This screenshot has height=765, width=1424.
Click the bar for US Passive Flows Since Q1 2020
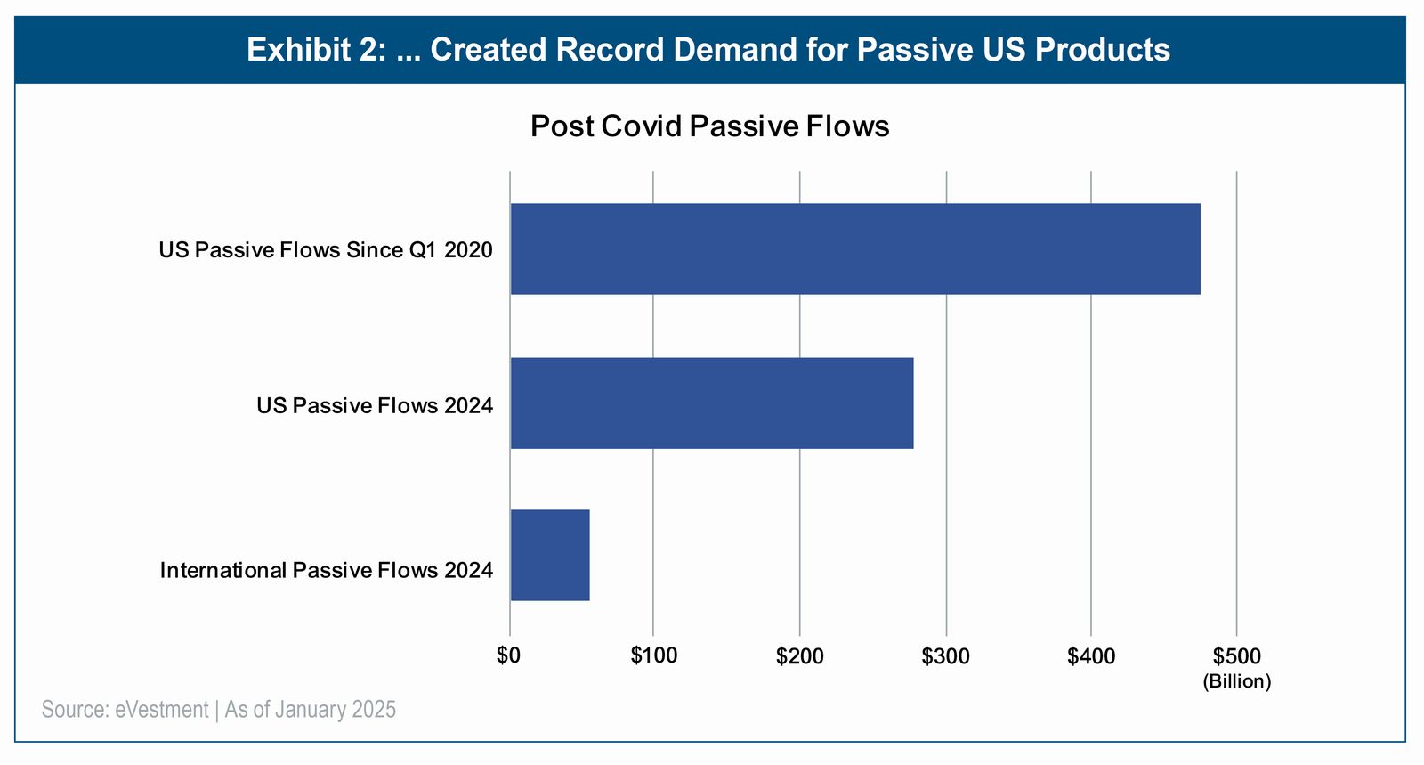(x=854, y=248)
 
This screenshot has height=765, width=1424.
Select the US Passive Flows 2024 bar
(x=711, y=403)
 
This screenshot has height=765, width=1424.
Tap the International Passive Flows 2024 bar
(x=549, y=556)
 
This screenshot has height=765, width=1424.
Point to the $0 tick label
(x=508, y=656)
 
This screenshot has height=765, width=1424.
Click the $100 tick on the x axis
(x=653, y=656)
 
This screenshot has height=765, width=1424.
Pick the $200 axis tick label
(x=799, y=656)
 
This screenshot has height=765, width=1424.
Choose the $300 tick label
(x=945, y=656)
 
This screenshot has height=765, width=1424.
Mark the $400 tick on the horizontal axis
(x=1091, y=656)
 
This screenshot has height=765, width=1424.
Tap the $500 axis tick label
(x=1236, y=656)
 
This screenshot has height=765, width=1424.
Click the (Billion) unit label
(x=1236, y=682)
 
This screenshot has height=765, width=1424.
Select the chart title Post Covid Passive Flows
(x=709, y=126)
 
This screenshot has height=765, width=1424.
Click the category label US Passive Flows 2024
(x=375, y=406)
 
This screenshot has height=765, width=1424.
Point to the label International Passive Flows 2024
(x=326, y=570)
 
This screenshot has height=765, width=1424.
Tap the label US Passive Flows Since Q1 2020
(x=325, y=250)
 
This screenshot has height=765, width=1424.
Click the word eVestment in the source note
(x=161, y=710)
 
